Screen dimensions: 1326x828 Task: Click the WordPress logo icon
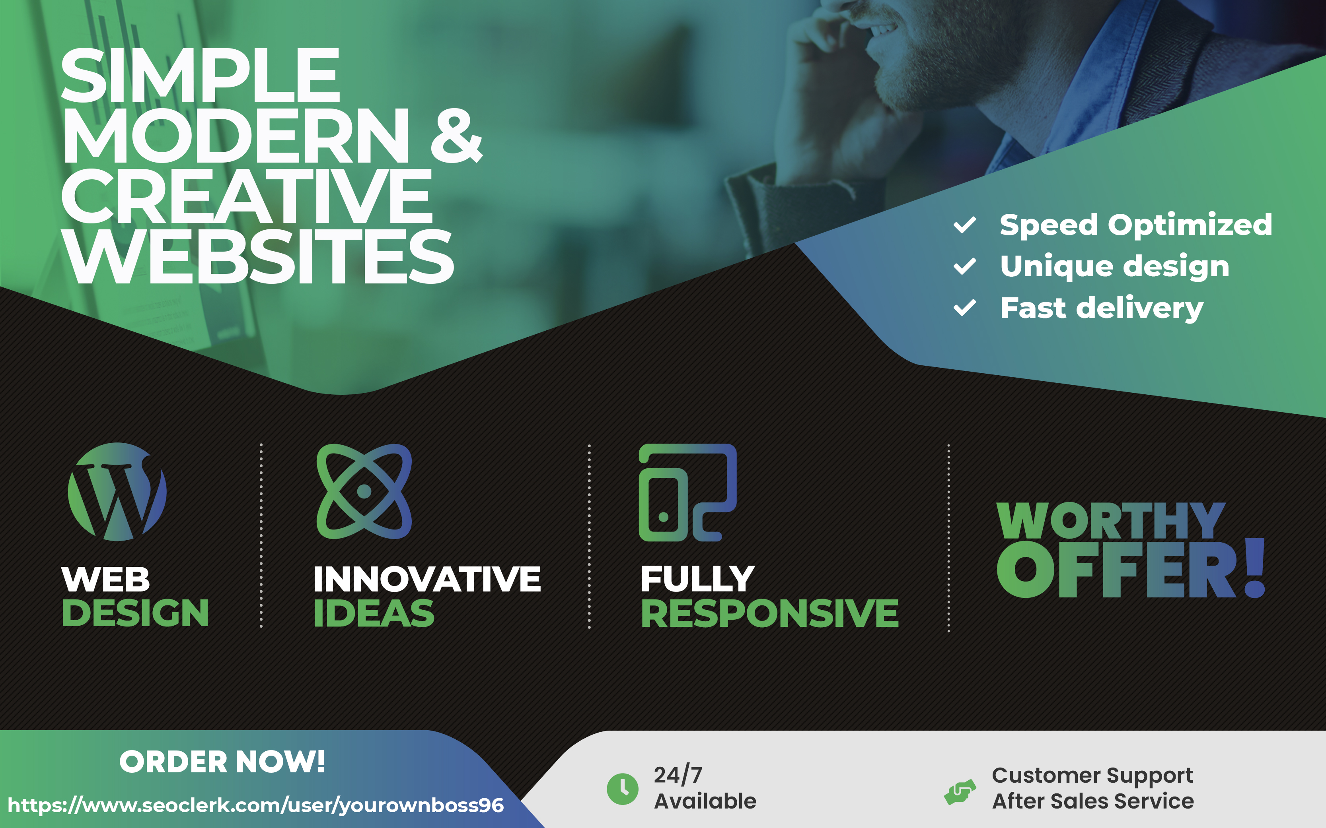(x=117, y=492)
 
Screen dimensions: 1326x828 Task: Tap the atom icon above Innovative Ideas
(x=364, y=491)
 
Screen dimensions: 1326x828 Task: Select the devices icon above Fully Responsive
(x=687, y=493)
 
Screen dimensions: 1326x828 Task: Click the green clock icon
(x=623, y=789)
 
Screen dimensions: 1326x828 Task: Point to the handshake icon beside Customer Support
(x=960, y=792)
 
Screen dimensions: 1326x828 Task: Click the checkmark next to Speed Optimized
(x=964, y=225)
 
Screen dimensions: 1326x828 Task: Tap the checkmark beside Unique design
(x=964, y=266)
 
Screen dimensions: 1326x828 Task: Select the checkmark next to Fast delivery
(x=964, y=308)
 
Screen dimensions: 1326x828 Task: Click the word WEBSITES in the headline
(x=257, y=256)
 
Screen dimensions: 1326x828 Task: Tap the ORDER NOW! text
(x=222, y=762)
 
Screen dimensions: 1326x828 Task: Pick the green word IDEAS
(x=374, y=613)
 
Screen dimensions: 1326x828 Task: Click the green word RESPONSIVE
(x=769, y=613)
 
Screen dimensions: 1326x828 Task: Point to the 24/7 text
(x=678, y=775)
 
